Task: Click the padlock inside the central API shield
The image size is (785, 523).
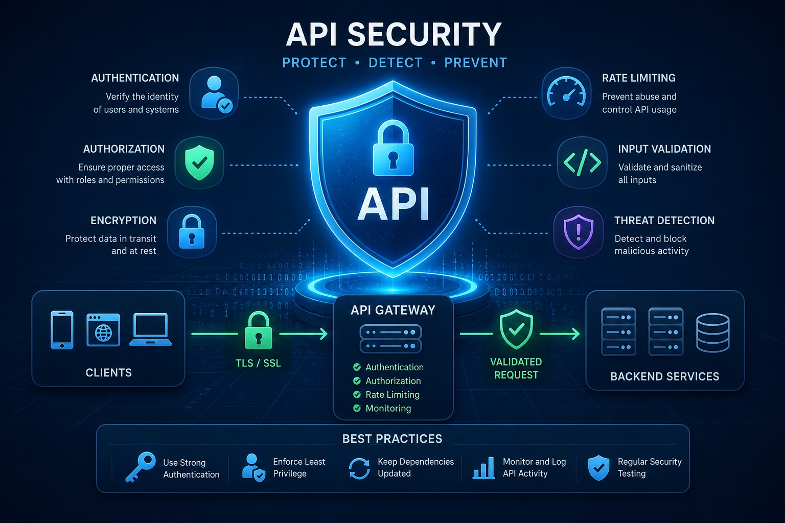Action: [393, 148]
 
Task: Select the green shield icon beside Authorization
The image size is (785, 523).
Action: [199, 162]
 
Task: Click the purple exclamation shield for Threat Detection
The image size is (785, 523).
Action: [578, 232]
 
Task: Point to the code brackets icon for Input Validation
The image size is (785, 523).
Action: [582, 163]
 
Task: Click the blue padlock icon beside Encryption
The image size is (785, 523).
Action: [192, 231]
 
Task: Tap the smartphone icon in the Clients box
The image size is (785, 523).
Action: [62, 330]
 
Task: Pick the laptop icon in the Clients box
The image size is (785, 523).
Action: [151, 330]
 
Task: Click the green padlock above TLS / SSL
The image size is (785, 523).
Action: [258, 330]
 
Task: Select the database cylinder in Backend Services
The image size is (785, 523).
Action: [713, 332]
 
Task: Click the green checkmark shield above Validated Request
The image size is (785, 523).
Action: [516, 329]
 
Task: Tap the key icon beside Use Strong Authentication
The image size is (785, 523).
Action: [141, 467]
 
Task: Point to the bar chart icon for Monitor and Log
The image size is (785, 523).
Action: [483, 468]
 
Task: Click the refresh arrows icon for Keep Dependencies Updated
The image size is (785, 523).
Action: [359, 468]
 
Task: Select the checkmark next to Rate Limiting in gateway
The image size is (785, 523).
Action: [357, 394]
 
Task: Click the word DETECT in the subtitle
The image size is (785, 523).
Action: [395, 63]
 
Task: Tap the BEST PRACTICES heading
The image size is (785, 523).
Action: [392, 439]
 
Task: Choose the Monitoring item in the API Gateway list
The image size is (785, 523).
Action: [388, 409]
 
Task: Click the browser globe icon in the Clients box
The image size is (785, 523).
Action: [103, 329]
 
